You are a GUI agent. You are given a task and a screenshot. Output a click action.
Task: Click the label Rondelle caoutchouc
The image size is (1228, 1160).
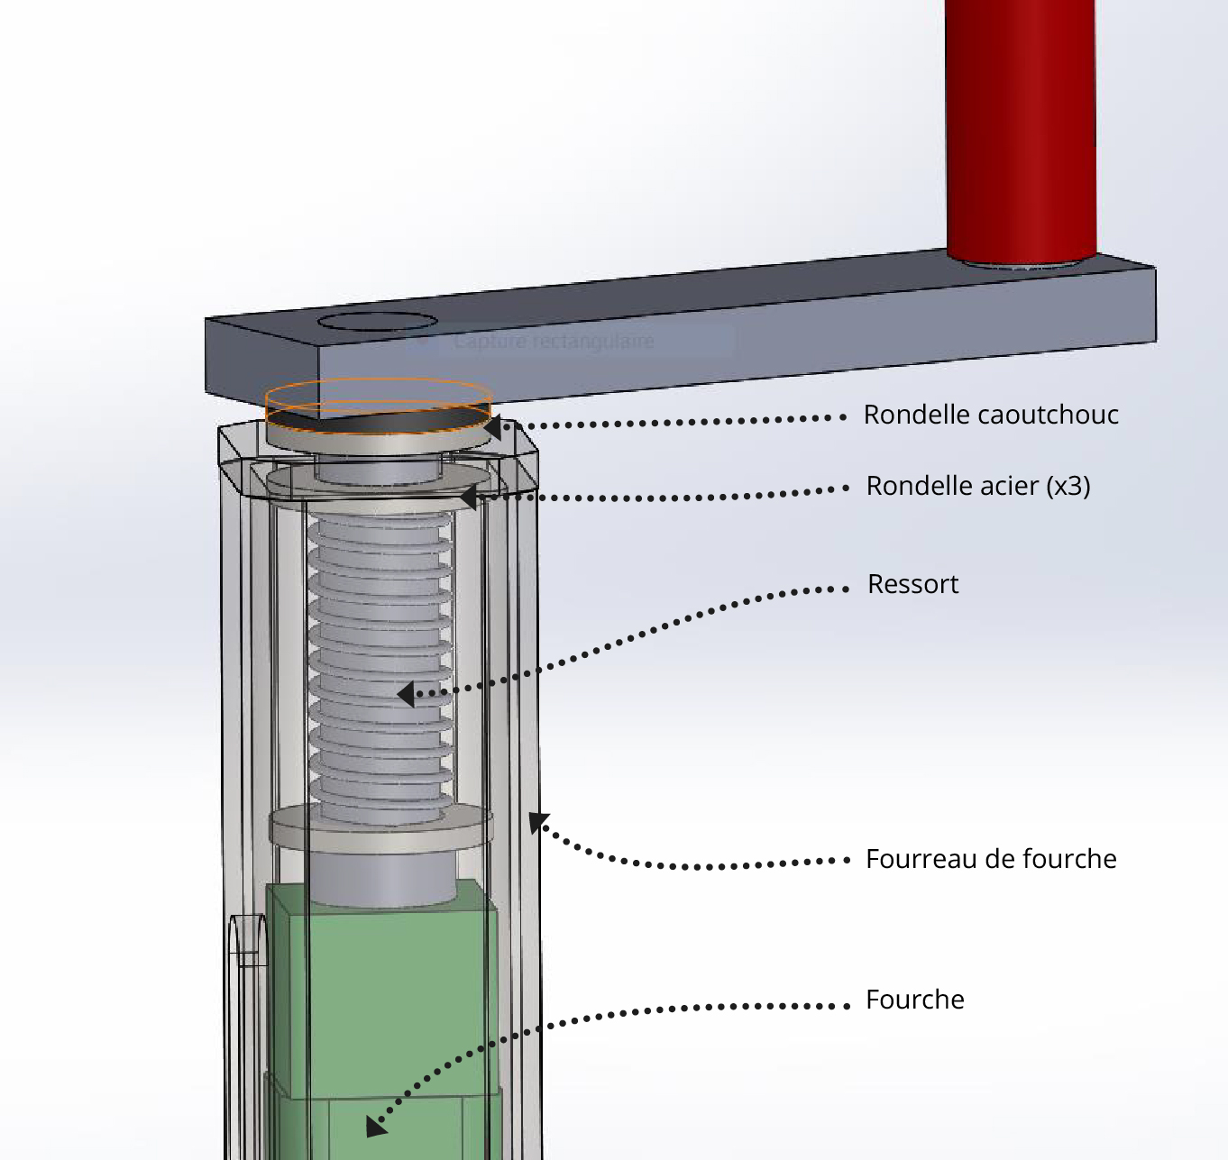click(x=991, y=415)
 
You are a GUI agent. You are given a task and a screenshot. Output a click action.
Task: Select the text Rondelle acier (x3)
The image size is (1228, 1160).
click(x=977, y=486)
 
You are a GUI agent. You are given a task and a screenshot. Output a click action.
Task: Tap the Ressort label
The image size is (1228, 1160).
click(x=912, y=584)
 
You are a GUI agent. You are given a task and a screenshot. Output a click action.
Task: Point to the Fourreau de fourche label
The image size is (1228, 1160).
click(x=991, y=859)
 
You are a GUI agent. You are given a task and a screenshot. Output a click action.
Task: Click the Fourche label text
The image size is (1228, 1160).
click(x=914, y=1000)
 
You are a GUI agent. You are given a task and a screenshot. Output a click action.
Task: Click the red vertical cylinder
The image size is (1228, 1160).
click(x=1021, y=126)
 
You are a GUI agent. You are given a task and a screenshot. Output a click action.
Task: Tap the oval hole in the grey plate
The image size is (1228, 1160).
click(x=378, y=322)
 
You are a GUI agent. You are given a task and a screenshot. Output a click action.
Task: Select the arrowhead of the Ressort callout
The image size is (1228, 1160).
click(x=407, y=694)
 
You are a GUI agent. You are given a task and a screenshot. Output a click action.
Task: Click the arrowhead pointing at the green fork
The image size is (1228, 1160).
click(x=376, y=1126)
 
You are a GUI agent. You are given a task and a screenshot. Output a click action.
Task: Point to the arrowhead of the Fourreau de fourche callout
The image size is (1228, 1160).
click(x=537, y=821)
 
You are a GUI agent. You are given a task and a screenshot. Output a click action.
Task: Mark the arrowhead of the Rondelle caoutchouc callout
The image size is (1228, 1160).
click(x=493, y=426)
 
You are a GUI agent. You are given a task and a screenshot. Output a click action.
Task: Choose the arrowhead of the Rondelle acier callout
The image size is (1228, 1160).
click(x=468, y=497)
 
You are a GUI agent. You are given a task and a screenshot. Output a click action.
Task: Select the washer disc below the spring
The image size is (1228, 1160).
click(x=380, y=827)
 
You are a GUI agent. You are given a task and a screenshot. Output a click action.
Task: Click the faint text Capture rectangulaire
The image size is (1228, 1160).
click(x=554, y=342)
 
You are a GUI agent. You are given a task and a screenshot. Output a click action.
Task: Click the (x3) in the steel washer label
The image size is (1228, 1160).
click(x=1068, y=486)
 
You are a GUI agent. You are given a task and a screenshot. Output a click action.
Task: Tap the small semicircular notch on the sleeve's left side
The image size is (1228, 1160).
click(x=248, y=937)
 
